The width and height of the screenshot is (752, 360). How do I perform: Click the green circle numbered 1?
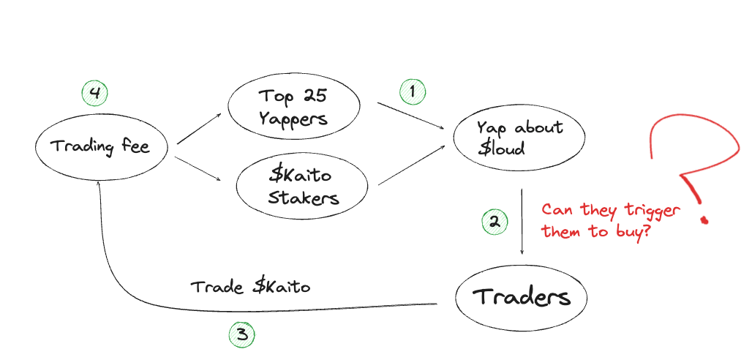point(413,91)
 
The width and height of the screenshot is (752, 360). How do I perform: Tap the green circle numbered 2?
point(495,222)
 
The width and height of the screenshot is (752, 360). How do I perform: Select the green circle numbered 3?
point(242,335)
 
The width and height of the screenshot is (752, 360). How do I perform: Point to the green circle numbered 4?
point(94,93)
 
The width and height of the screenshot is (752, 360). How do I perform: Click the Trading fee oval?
point(101,147)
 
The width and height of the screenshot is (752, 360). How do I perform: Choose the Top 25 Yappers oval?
point(293,107)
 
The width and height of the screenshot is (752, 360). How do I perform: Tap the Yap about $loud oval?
point(519,138)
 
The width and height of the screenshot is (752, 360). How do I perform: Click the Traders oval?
point(521,298)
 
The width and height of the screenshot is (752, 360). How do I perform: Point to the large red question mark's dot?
point(704,219)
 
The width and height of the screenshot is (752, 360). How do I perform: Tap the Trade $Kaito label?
point(250,287)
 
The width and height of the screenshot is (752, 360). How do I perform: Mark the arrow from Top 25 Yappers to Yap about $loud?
point(411,116)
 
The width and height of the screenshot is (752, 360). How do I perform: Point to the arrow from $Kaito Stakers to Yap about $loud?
point(411,164)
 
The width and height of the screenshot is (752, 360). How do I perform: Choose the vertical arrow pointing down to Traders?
point(522,220)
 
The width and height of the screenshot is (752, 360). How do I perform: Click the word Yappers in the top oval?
point(294,118)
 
